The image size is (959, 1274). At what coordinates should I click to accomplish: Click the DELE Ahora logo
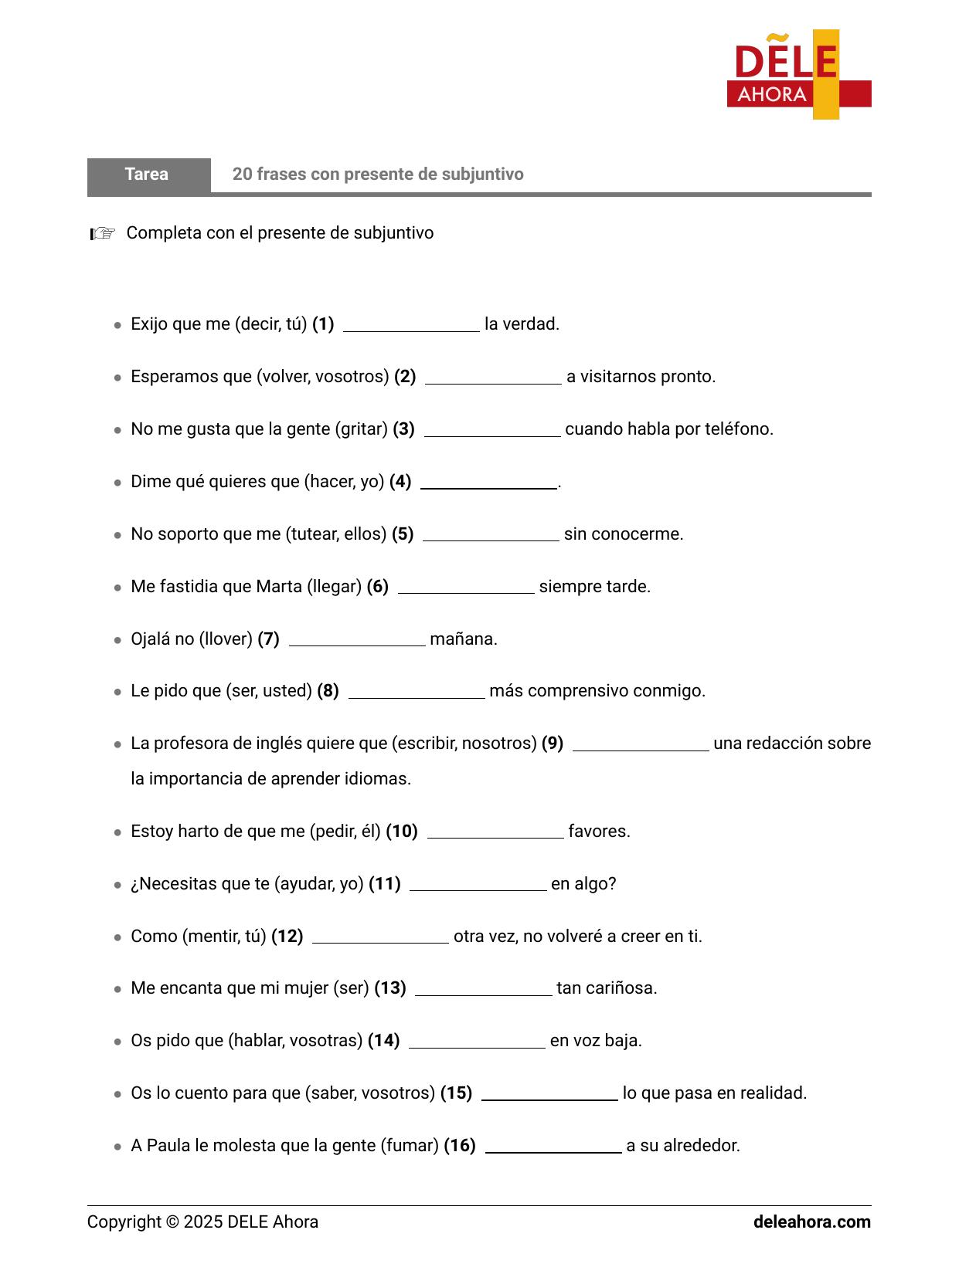(x=798, y=75)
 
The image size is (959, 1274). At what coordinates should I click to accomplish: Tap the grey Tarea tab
(x=148, y=174)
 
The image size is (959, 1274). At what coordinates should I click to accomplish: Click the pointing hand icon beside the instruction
(x=102, y=233)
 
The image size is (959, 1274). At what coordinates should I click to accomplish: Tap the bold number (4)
(x=400, y=482)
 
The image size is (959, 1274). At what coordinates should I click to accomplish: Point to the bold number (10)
(x=402, y=832)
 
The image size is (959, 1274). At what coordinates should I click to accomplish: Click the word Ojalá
(x=151, y=639)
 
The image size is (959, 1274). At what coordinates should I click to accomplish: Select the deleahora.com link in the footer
(x=811, y=1222)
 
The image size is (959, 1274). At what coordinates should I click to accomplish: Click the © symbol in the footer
(x=172, y=1222)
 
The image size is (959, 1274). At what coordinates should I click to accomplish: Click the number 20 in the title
(x=242, y=174)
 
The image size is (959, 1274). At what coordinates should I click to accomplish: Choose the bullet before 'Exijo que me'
(x=117, y=325)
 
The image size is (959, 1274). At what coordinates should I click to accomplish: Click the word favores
(x=599, y=832)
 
